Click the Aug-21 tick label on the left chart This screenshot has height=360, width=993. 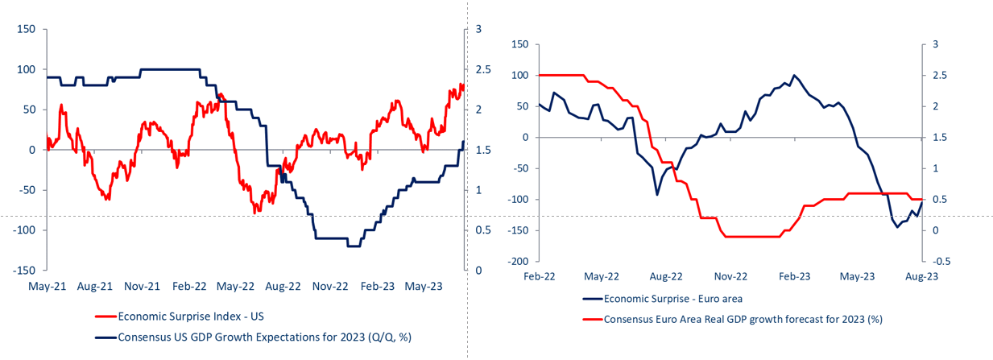click(x=96, y=285)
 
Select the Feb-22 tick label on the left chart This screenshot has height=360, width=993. click(x=191, y=285)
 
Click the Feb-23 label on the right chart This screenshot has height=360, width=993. click(x=795, y=275)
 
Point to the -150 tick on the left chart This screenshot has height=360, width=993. click(x=23, y=271)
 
